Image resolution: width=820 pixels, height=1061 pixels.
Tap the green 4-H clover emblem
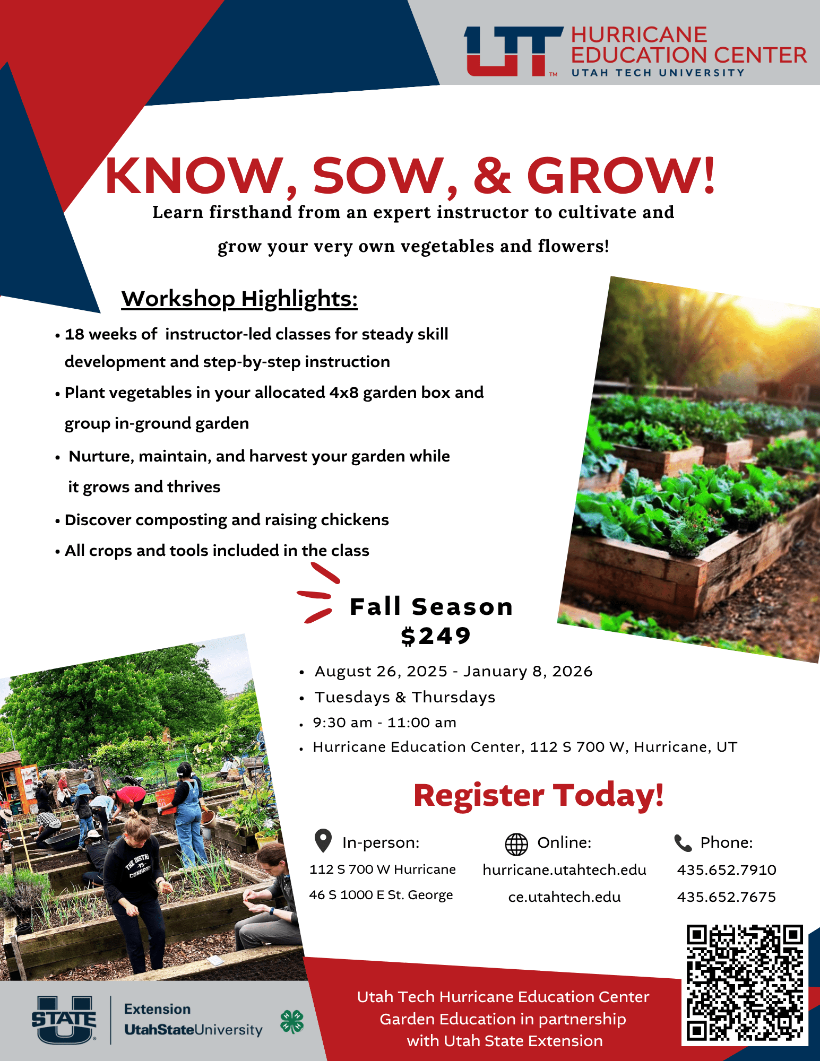click(x=292, y=1022)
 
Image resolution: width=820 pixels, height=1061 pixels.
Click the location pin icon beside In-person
click(x=323, y=841)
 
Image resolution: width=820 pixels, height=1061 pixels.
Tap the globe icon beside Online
click(x=516, y=844)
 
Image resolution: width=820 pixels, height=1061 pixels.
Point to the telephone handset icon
click(x=683, y=843)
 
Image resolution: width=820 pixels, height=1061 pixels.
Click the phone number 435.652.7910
click(x=727, y=870)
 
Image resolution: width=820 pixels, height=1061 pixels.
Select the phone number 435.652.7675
click(x=727, y=897)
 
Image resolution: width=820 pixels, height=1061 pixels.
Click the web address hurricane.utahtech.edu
click(x=565, y=870)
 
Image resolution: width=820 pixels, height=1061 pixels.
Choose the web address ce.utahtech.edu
click(x=565, y=897)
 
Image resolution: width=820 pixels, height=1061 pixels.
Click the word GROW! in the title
click(x=621, y=175)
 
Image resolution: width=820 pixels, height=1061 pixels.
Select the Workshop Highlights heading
click(x=239, y=299)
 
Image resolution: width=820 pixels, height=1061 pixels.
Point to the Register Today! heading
click(x=538, y=795)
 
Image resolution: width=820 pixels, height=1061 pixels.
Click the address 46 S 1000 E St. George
click(x=381, y=895)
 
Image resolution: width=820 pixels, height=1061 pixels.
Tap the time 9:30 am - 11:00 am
click(x=385, y=723)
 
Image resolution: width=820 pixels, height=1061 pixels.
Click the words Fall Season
click(x=431, y=607)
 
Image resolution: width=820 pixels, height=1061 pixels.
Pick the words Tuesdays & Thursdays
click(x=405, y=697)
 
